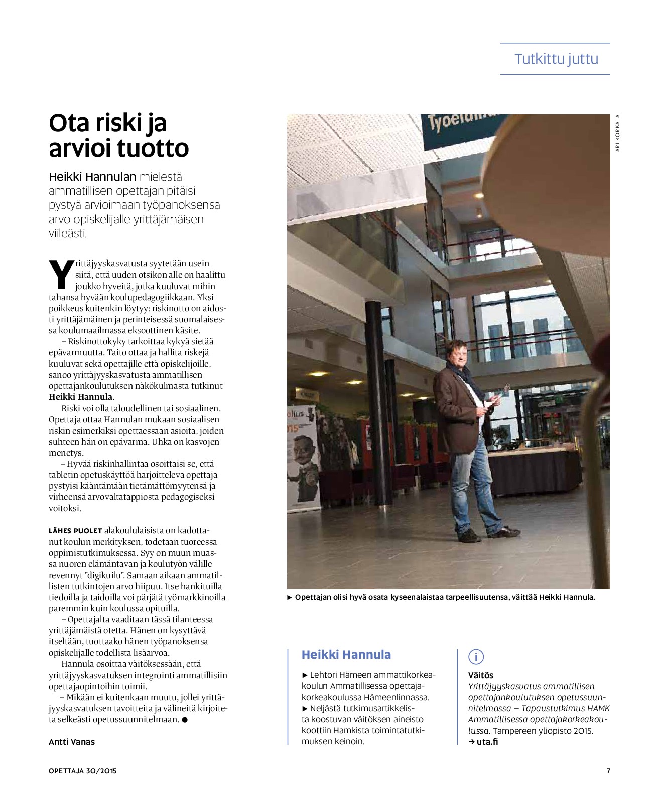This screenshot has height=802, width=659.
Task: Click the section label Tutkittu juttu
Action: click(x=556, y=59)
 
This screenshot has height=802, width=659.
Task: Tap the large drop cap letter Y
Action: click(x=62, y=275)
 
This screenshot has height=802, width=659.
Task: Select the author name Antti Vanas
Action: click(x=72, y=742)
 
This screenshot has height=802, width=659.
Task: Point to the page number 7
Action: click(x=608, y=771)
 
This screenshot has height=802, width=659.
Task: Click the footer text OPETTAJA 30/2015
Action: click(x=82, y=771)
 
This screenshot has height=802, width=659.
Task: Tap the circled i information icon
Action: click(x=476, y=657)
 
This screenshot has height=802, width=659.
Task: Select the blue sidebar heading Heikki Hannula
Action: click(x=346, y=655)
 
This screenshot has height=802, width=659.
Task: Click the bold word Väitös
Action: click(x=480, y=675)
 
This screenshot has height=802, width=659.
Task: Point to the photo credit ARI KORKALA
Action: click(x=618, y=133)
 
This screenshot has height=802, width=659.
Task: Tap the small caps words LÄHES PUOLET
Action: click(x=75, y=531)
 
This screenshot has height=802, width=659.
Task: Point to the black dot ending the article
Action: click(x=185, y=720)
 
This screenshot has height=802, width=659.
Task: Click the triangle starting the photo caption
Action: click(x=290, y=597)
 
